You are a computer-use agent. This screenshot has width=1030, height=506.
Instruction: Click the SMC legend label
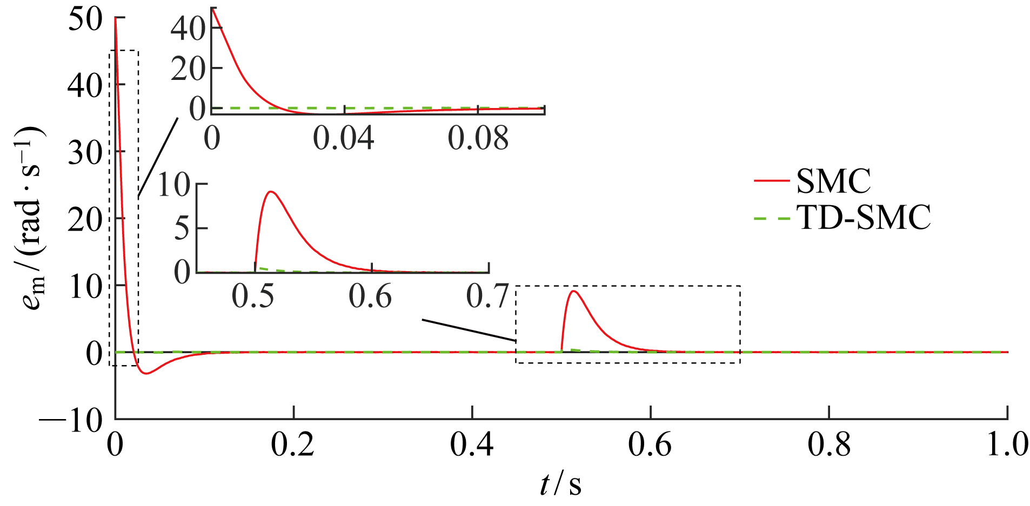point(833,181)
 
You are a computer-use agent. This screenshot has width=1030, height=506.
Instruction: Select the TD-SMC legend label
point(864,217)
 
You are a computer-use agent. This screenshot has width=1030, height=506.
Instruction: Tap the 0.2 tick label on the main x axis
point(292,446)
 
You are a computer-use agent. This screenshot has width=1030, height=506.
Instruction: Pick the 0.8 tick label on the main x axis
point(829,446)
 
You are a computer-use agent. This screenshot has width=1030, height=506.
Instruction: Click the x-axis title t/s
point(561,484)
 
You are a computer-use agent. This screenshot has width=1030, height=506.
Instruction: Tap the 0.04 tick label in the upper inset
point(344,139)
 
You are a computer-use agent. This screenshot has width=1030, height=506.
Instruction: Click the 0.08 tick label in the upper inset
point(478,139)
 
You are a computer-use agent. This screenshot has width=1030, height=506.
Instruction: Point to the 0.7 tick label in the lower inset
point(487,296)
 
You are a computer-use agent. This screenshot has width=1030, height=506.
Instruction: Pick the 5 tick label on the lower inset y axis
point(182,228)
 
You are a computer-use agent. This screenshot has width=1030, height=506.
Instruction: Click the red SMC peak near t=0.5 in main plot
point(574,292)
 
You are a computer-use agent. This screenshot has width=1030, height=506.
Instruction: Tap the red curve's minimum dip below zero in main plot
point(146,373)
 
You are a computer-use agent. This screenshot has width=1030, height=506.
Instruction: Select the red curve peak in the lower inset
point(271,192)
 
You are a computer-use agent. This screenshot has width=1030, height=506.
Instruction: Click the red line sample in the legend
point(772,181)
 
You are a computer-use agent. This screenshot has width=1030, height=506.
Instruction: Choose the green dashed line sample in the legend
point(772,218)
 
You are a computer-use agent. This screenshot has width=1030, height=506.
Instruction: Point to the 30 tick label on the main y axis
point(85,153)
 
